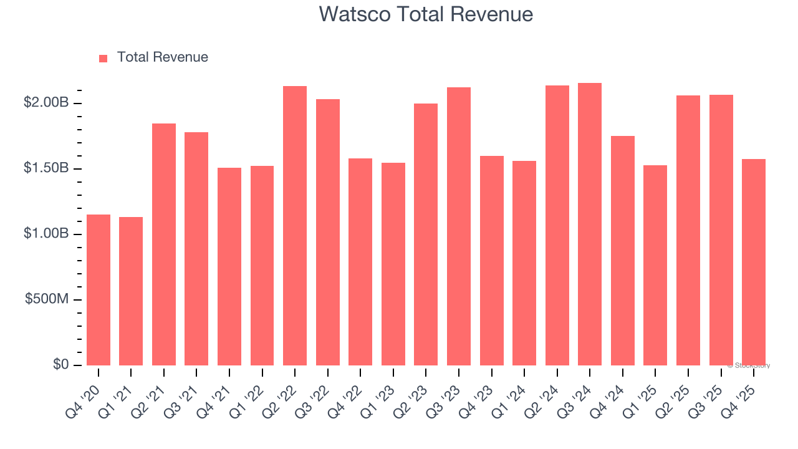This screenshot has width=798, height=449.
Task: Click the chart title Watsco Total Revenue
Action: pos(426,14)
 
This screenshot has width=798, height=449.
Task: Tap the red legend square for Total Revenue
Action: pos(103,58)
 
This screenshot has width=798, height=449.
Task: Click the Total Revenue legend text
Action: pos(162,57)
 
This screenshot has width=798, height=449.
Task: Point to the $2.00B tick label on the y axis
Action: pos(46,103)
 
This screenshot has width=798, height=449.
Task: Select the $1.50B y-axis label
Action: pos(46,168)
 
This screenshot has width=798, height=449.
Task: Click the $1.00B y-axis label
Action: pos(46,234)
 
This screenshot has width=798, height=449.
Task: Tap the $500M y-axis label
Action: pos(47,299)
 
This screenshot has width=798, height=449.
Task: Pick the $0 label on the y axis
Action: pos(60,365)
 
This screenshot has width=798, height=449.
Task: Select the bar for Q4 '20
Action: pos(99,290)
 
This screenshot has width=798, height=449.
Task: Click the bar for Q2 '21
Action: pos(164,244)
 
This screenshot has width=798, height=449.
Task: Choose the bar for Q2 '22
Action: pos(295,226)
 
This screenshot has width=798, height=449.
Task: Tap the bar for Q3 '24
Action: pos(590,224)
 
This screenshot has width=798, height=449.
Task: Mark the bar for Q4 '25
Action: pos(754,262)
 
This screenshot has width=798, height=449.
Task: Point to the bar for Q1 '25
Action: pos(655,265)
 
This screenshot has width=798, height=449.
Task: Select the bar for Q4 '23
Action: pos(491,261)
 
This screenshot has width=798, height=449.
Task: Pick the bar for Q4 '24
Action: pos(623,251)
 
